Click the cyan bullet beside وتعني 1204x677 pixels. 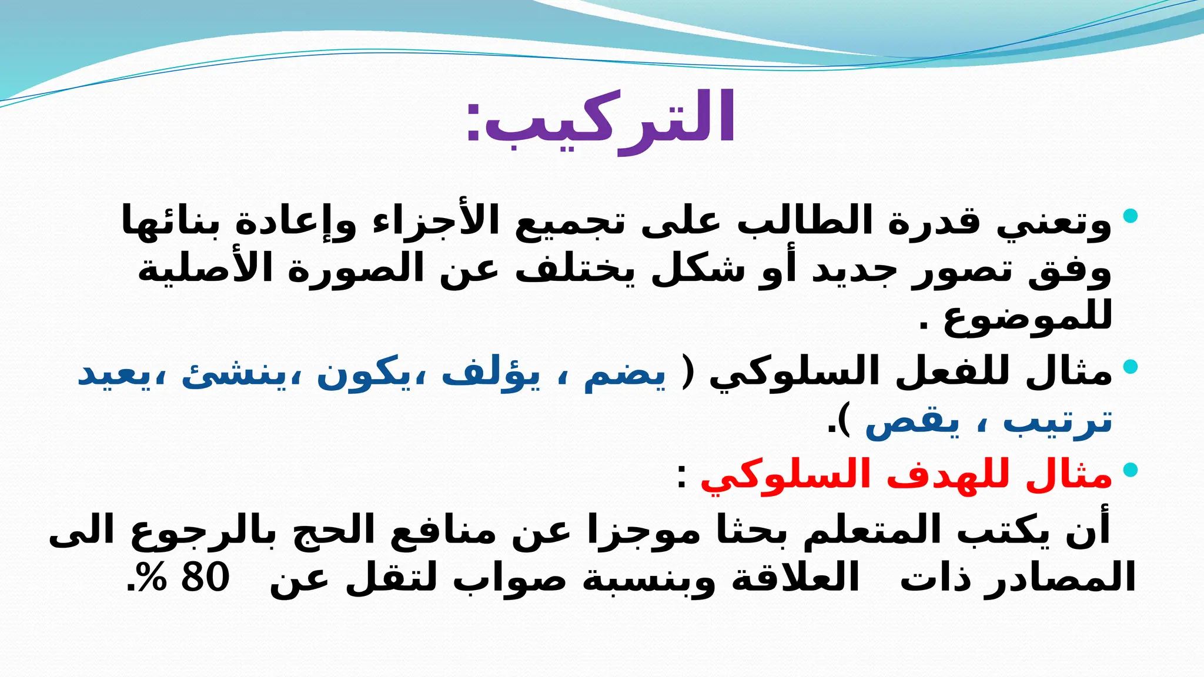pyautogui.click(x=1130, y=216)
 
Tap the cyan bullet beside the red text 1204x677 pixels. pyautogui.click(x=1130, y=470)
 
